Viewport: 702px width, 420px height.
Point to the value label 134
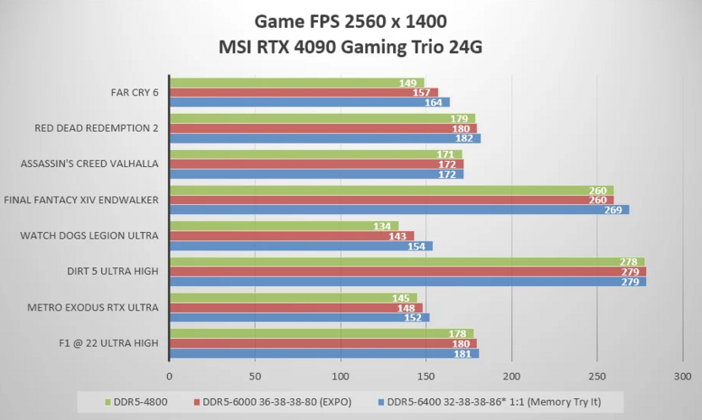tap(382, 226)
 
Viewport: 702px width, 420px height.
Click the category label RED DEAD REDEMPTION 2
tap(96, 128)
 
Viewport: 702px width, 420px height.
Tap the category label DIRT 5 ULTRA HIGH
tap(113, 272)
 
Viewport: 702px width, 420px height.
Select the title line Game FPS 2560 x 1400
tap(350, 20)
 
